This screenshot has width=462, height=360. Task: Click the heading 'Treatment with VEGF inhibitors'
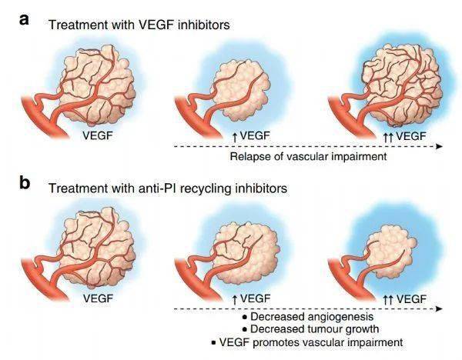(139, 25)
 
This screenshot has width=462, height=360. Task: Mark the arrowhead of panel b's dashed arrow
(438, 308)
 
